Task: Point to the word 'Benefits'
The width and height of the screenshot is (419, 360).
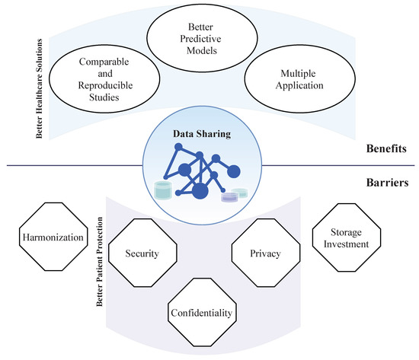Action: (386, 151)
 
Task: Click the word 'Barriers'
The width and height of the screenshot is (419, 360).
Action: (388, 183)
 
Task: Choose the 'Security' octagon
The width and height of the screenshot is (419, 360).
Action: (141, 253)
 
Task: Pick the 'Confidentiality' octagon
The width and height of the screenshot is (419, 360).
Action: (202, 312)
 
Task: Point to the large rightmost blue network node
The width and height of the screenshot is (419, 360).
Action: (233, 171)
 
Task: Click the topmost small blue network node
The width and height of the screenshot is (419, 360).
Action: (200, 155)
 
